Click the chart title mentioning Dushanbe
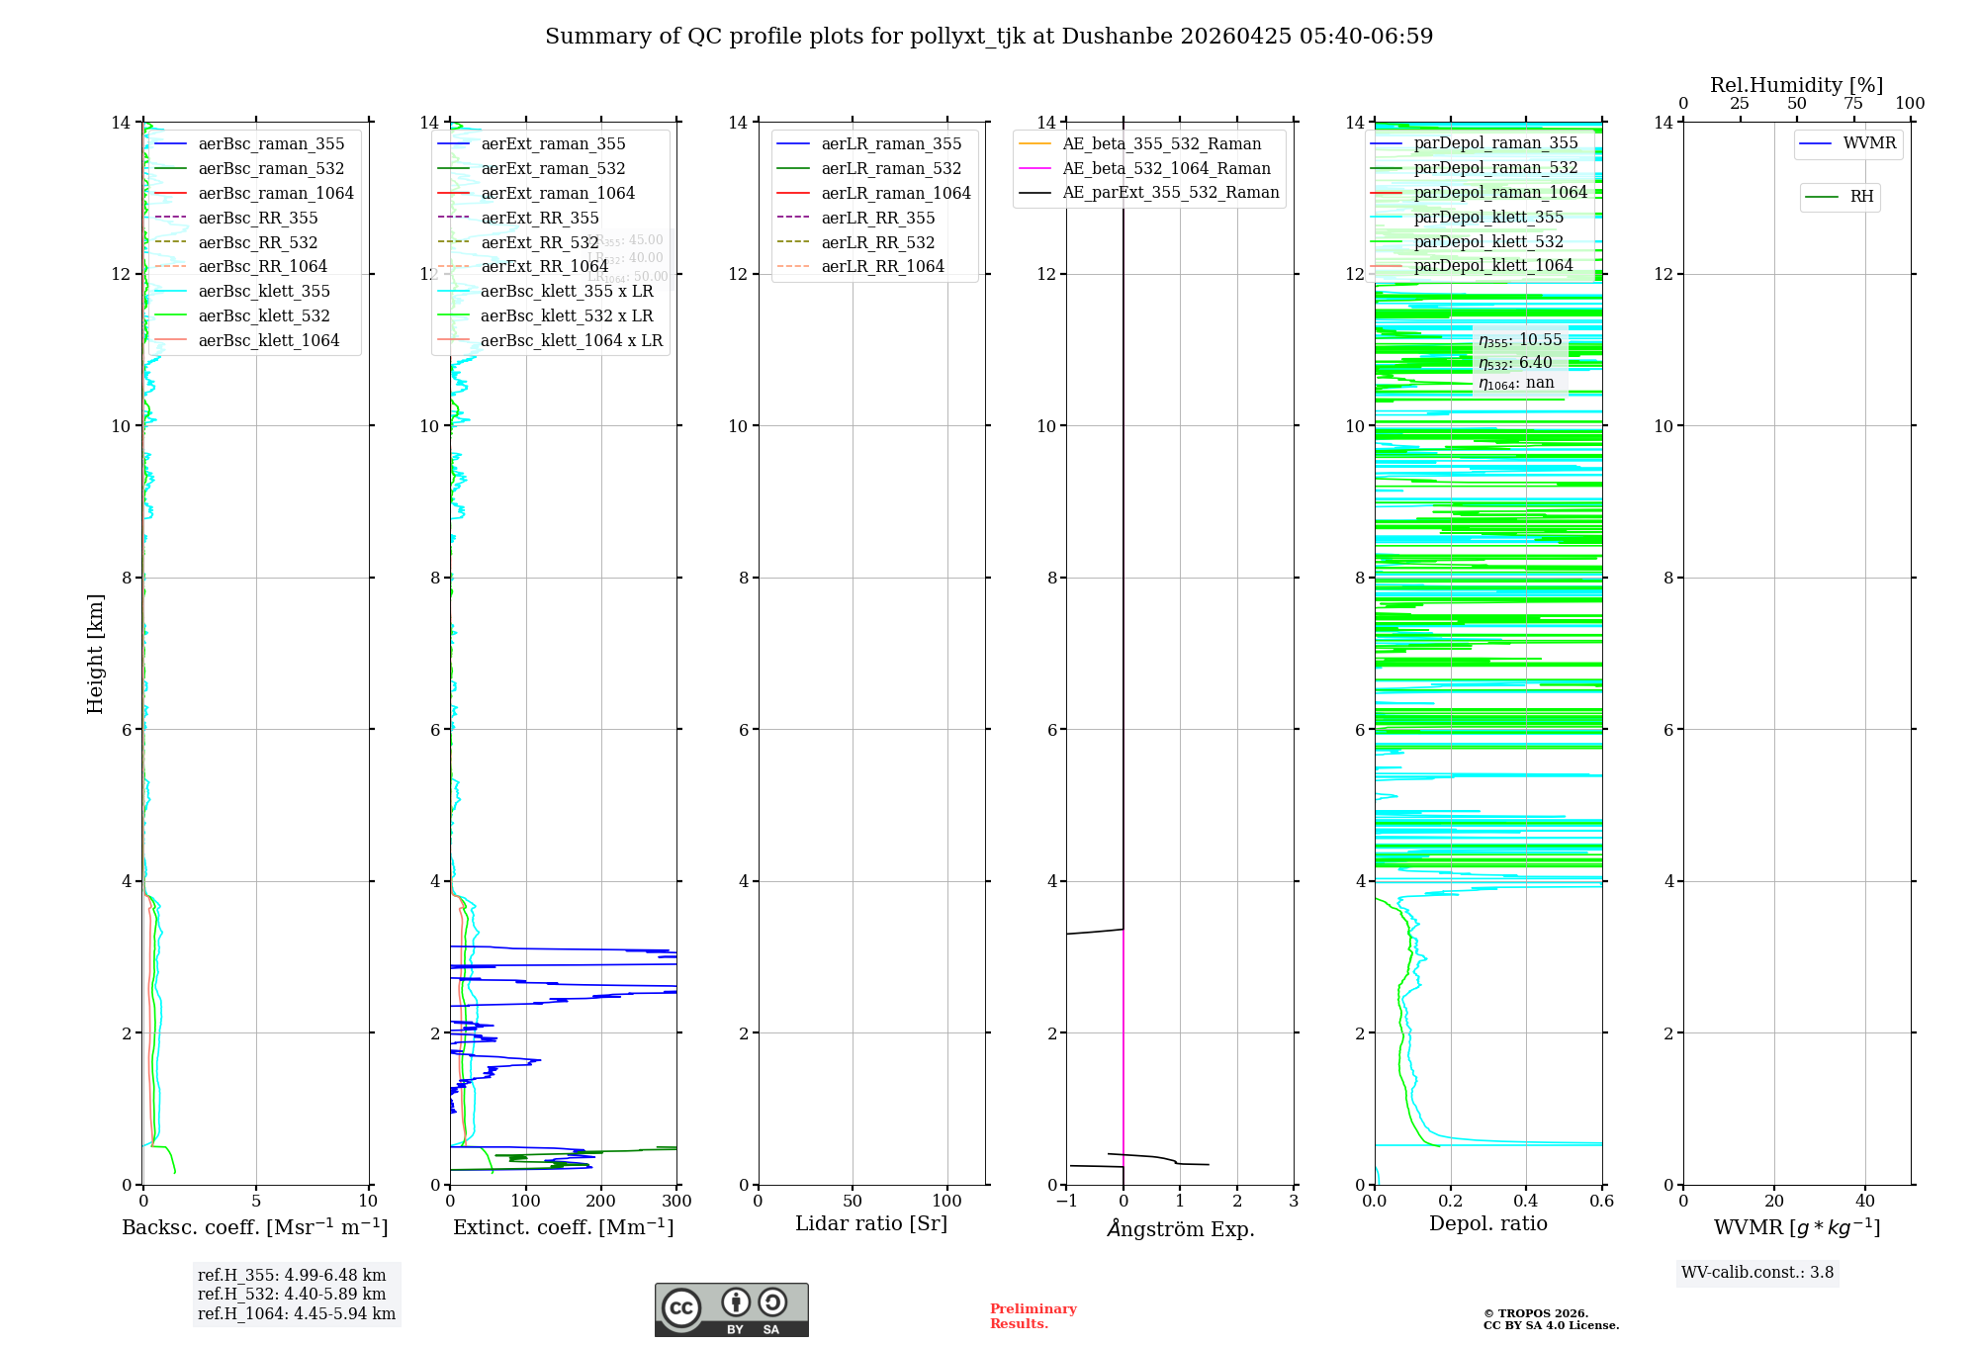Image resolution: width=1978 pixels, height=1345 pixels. (989, 37)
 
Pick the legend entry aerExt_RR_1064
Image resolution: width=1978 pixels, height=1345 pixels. (544, 267)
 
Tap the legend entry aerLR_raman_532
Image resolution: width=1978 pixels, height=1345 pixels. (891, 169)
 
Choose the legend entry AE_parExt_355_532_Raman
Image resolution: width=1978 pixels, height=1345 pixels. (1170, 193)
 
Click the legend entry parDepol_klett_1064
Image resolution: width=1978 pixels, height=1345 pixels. (1492, 266)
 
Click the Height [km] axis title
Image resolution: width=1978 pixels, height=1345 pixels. (95, 653)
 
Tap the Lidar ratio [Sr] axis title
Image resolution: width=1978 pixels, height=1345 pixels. (871, 1224)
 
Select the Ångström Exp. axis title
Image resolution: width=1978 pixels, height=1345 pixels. (1180, 1229)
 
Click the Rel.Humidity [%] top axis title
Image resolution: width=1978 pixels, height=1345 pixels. (1796, 85)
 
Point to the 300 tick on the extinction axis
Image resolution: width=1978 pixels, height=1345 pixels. (677, 1202)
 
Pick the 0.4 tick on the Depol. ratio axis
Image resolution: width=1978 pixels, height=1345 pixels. (1526, 1202)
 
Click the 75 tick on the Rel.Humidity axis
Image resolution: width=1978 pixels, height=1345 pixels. (1853, 104)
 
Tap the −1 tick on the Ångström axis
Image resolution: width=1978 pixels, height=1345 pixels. (1066, 1202)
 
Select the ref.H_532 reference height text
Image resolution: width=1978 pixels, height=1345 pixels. (292, 1295)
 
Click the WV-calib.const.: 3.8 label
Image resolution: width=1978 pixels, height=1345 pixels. (1757, 1273)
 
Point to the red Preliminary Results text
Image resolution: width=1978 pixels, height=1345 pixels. (1034, 1316)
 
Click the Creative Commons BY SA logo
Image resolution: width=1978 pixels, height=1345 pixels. (731, 1310)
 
